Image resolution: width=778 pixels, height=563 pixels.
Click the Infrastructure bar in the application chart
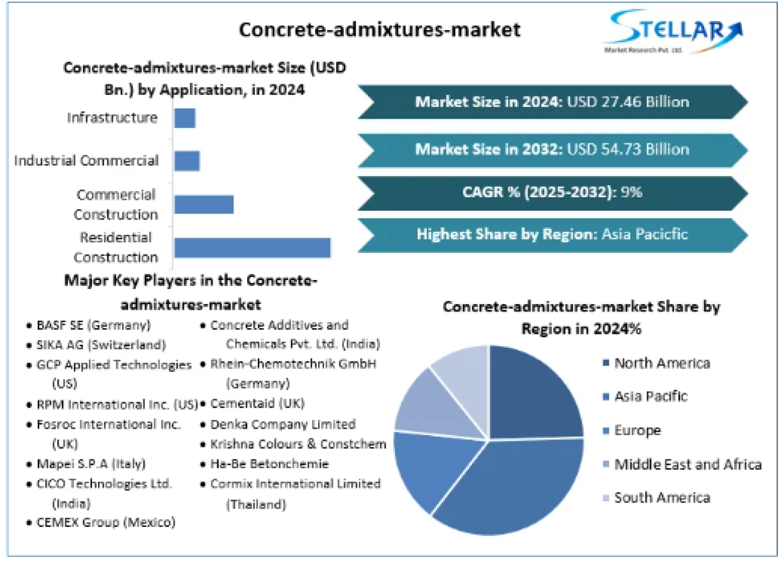tap(185, 118)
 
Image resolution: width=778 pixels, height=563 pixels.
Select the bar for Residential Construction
tap(252, 248)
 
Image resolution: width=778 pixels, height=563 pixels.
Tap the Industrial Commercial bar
tap(187, 161)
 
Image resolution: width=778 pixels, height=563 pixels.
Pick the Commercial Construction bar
tap(204, 204)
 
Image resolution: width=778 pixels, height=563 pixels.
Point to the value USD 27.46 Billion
tap(628, 102)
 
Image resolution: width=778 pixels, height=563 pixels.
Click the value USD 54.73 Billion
tap(628, 149)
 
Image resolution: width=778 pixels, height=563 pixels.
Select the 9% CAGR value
tap(632, 192)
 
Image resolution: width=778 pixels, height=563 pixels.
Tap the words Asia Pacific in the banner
tap(644, 234)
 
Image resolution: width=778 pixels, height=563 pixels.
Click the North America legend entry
tap(662, 363)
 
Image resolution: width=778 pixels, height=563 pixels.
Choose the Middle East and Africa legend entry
tap(687, 465)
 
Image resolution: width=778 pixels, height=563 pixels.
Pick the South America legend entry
tap(662, 498)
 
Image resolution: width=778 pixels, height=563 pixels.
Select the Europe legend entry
tap(637, 430)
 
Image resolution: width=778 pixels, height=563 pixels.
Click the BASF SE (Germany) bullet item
tap(93, 325)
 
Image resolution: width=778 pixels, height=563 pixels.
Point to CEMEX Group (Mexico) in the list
tap(106, 522)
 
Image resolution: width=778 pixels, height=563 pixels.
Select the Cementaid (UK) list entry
tap(257, 404)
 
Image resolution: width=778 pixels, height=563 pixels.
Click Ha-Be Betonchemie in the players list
tap(269, 463)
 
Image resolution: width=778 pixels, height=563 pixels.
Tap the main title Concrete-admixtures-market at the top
tap(379, 29)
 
